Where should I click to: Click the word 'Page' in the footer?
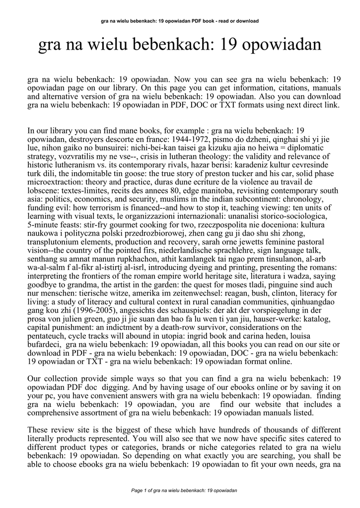pyautogui.click(x=137, y=490)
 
